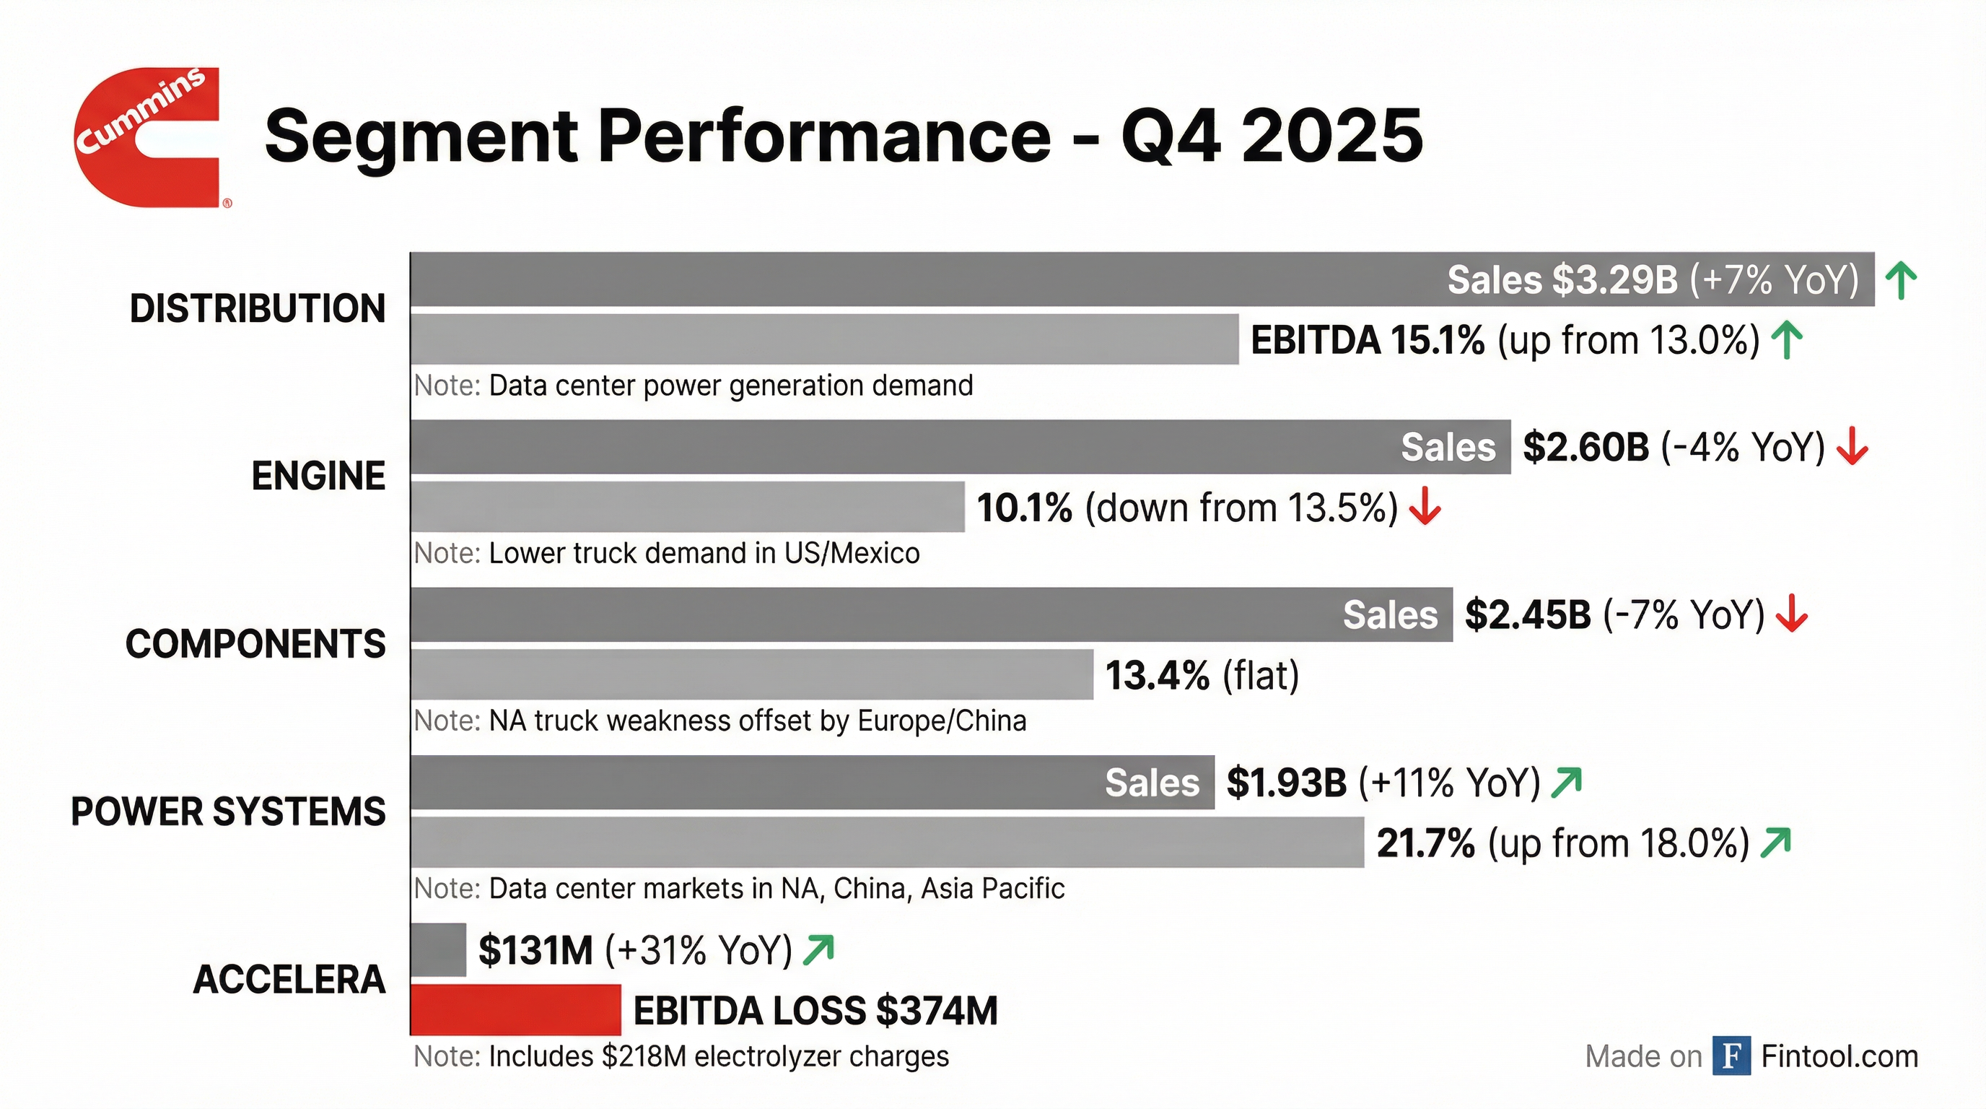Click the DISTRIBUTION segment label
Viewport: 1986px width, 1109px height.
(257, 308)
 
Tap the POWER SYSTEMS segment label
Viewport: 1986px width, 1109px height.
(228, 812)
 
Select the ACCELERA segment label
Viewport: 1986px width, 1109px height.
(289, 980)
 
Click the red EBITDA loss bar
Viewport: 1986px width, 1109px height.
(515, 1009)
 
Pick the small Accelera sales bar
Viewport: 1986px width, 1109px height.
(438, 949)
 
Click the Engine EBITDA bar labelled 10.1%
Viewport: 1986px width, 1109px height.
(686, 507)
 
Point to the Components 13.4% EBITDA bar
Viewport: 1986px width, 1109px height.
(752, 675)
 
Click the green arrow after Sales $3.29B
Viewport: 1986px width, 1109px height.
(1901, 280)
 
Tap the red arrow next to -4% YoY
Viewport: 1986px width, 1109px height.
(1852, 448)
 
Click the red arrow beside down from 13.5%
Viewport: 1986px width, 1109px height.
(1425, 507)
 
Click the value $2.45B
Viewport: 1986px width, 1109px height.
(1527, 614)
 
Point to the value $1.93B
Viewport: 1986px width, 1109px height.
(1286, 783)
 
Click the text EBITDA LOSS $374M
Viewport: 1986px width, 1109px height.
(815, 1010)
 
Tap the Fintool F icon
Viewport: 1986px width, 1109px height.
(1731, 1056)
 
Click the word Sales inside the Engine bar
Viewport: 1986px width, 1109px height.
(1448, 448)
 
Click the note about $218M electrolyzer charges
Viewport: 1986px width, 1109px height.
(681, 1056)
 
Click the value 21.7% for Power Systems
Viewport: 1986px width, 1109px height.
(1425, 843)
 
